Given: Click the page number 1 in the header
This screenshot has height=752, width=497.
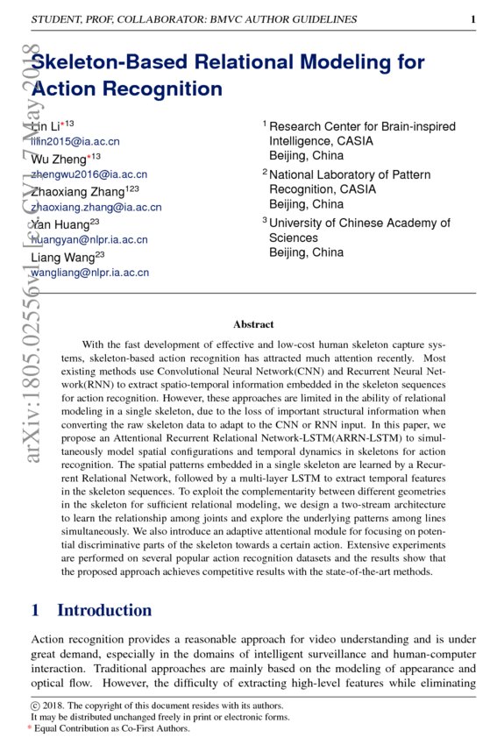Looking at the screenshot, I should tap(472, 19).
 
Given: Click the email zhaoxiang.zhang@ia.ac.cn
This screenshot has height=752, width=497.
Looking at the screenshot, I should tap(96, 208).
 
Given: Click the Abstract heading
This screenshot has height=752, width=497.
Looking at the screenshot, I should tap(253, 324).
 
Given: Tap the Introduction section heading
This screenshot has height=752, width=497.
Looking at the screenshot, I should tap(103, 610).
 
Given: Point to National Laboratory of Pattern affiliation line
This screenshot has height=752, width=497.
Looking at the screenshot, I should tap(350, 175).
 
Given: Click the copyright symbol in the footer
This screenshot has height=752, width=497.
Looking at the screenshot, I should tap(35, 705).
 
